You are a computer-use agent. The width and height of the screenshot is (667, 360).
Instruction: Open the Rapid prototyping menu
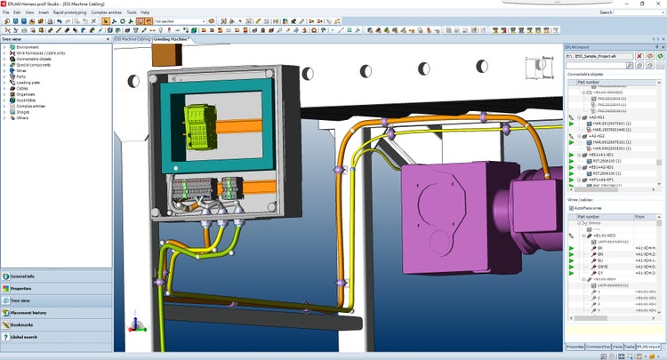[x=69, y=12]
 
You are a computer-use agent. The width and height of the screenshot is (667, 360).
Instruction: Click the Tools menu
[x=132, y=12]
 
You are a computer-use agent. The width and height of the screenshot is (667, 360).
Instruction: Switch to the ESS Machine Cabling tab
[x=132, y=40]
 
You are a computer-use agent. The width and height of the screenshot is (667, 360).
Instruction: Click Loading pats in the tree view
[x=30, y=83]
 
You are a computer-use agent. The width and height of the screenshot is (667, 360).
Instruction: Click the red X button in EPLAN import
[x=639, y=55]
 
